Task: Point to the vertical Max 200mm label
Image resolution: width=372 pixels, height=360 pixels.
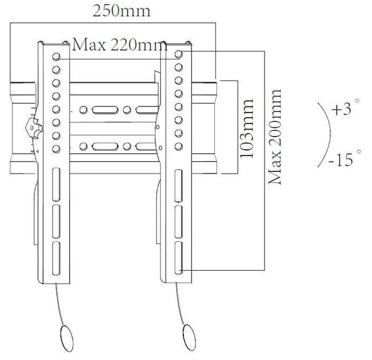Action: pos(277,137)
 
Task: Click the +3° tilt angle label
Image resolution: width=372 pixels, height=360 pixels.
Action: pos(346,110)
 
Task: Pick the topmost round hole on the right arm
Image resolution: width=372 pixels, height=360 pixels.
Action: pos(179,54)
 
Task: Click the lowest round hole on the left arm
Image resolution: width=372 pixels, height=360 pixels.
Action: pos(57,150)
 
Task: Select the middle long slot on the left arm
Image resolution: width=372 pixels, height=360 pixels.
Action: pos(57,217)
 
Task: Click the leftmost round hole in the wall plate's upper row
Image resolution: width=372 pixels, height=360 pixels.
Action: pos(84,110)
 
